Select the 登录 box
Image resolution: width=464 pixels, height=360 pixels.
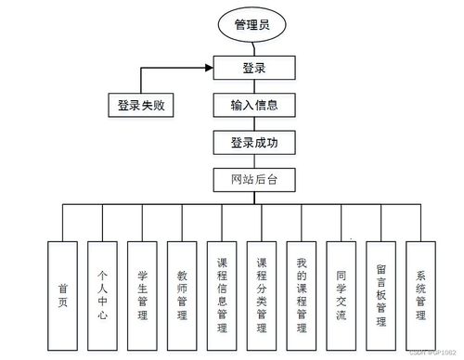coord(254,68)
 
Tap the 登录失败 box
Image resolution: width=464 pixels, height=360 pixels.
coord(140,106)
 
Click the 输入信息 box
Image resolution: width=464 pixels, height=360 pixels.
coord(254,105)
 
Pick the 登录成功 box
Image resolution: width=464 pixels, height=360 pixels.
coord(254,143)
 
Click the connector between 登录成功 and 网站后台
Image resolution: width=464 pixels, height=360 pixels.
coord(254,161)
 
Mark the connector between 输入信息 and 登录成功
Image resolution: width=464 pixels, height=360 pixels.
coord(254,123)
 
